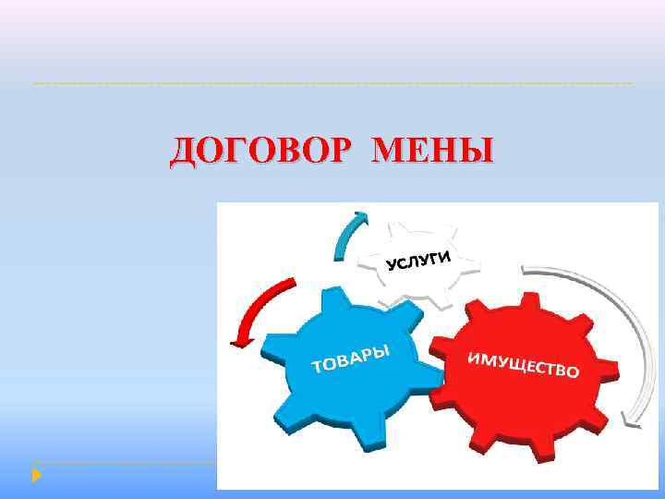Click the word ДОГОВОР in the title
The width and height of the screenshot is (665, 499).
coord(264,150)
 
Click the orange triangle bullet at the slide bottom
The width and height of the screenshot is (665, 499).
coord(36,475)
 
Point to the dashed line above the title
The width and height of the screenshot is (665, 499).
coord(332,84)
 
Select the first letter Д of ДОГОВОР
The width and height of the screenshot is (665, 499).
coord(182,151)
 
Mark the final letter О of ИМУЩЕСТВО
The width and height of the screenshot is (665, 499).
coord(572,373)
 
